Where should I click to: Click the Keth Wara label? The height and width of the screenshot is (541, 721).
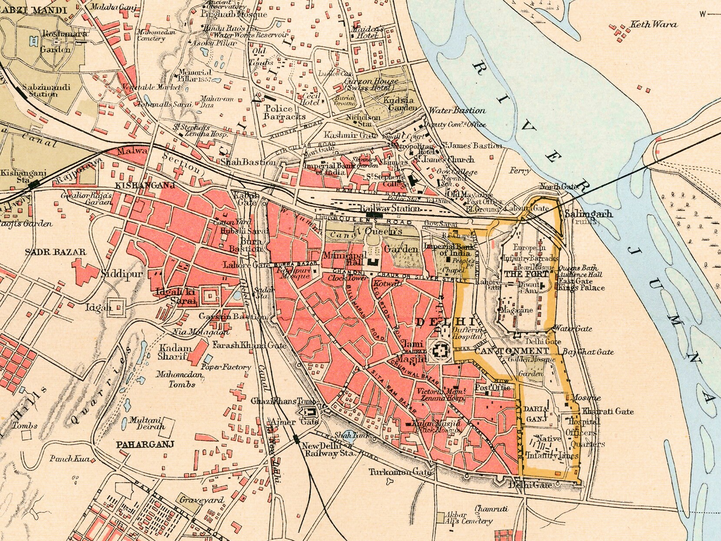click(653, 25)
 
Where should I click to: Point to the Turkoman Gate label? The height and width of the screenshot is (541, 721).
click(400, 472)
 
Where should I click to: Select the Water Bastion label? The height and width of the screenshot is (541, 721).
click(457, 110)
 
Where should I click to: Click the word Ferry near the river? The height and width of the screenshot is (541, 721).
click(520, 171)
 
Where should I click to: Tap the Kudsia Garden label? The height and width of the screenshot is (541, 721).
click(400, 104)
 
